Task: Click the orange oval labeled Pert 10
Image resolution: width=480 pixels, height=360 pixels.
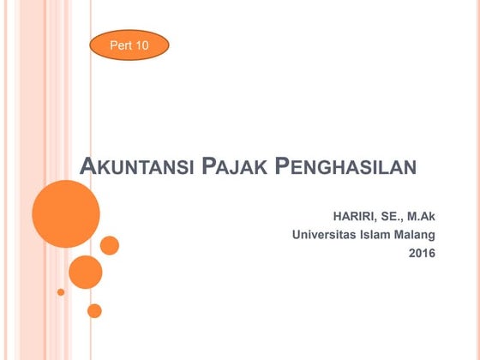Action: [x=129, y=45]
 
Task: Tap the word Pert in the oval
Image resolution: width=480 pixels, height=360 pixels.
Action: [x=120, y=45]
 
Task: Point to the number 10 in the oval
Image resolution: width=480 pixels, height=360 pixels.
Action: [x=141, y=45]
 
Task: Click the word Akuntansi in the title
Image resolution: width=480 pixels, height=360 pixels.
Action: [x=135, y=166]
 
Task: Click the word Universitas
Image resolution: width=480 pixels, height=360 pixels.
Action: [x=326, y=234]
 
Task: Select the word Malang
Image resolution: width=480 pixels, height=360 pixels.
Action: [x=417, y=234]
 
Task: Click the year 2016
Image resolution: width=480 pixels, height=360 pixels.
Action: [x=422, y=253]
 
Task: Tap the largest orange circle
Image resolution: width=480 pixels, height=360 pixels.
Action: [x=66, y=213]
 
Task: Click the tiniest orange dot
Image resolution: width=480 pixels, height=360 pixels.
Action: [x=61, y=291]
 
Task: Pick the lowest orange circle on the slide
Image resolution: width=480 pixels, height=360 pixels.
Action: [x=94, y=310]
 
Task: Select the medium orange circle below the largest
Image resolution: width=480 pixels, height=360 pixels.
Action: [x=85, y=272]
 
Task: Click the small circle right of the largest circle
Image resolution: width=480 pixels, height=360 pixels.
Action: [x=110, y=245]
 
